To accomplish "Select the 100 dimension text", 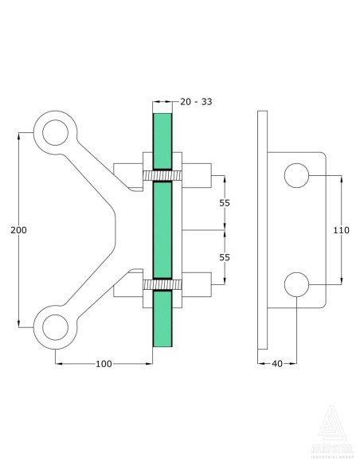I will tap(104, 363).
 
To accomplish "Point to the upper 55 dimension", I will tap(225, 203).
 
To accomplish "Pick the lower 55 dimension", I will tap(225, 257).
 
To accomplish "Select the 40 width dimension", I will tap(277, 363).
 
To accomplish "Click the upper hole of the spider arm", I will tap(55, 132).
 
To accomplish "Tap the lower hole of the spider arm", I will tap(55, 327).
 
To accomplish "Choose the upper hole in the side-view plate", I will tap(295, 175).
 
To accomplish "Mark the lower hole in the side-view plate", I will tap(295, 283).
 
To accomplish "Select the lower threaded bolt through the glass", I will tap(162, 284).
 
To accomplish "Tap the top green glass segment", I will tap(162, 140).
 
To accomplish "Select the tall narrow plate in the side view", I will tap(264, 230).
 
